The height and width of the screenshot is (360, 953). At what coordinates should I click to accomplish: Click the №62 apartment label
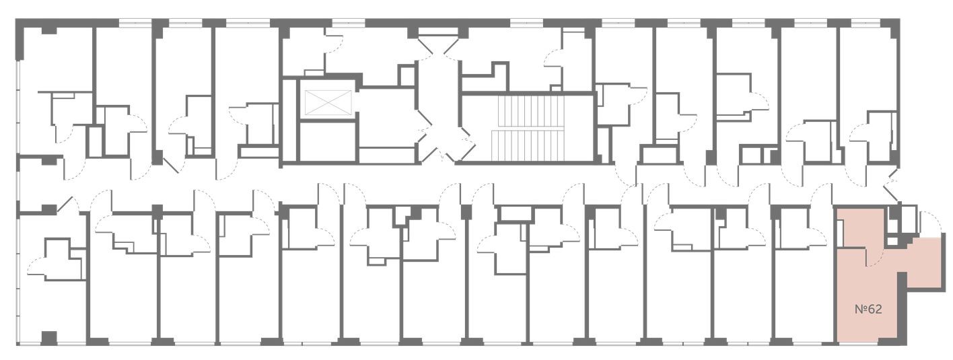[x=868, y=310]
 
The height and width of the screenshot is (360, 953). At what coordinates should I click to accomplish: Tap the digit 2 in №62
[x=878, y=310]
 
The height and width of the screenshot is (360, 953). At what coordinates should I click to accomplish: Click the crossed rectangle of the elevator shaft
[x=329, y=102]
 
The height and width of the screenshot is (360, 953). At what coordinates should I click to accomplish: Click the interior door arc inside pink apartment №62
[x=874, y=256]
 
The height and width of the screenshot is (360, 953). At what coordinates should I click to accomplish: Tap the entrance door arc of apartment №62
[x=929, y=223]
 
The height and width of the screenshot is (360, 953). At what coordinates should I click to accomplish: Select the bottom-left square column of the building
[x=49, y=338]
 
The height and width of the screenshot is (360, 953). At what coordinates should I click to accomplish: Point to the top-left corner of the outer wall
[x=16, y=19]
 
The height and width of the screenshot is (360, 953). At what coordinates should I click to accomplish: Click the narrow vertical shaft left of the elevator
[x=291, y=120]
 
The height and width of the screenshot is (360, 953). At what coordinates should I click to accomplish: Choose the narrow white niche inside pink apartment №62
[x=840, y=233]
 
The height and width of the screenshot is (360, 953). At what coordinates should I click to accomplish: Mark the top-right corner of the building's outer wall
[x=899, y=19]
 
